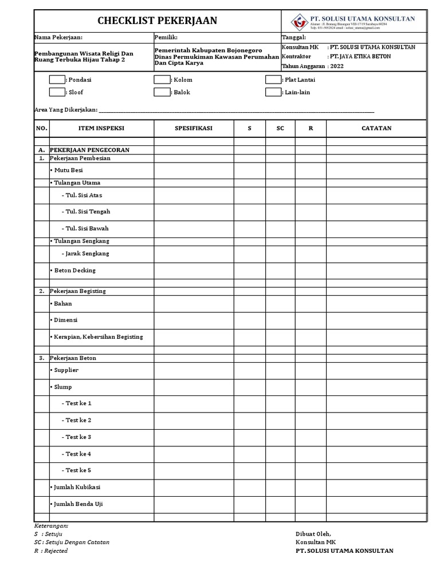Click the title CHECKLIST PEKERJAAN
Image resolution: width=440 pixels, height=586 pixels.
click(157, 21)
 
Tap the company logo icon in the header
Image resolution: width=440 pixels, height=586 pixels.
click(298, 21)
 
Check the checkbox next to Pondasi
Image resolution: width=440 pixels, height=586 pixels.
click(57, 80)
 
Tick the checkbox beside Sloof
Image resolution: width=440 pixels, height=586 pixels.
click(57, 92)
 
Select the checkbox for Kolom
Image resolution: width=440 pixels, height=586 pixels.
click(162, 80)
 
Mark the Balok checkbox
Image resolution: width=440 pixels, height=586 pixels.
click(162, 92)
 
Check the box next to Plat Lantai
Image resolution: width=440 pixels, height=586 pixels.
click(273, 80)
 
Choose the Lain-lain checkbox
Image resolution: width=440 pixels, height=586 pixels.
click(273, 92)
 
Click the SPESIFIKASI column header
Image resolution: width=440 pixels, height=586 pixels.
click(193, 128)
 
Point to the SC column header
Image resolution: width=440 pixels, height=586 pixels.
click(280, 128)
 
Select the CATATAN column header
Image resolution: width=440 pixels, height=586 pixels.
click(376, 128)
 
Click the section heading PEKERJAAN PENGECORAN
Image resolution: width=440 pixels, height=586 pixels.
click(89, 150)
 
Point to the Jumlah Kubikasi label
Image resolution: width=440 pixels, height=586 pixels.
click(78, 487)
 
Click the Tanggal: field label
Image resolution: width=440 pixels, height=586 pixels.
click(294, 37)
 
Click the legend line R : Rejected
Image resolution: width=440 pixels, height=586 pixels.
click(50, 551)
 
